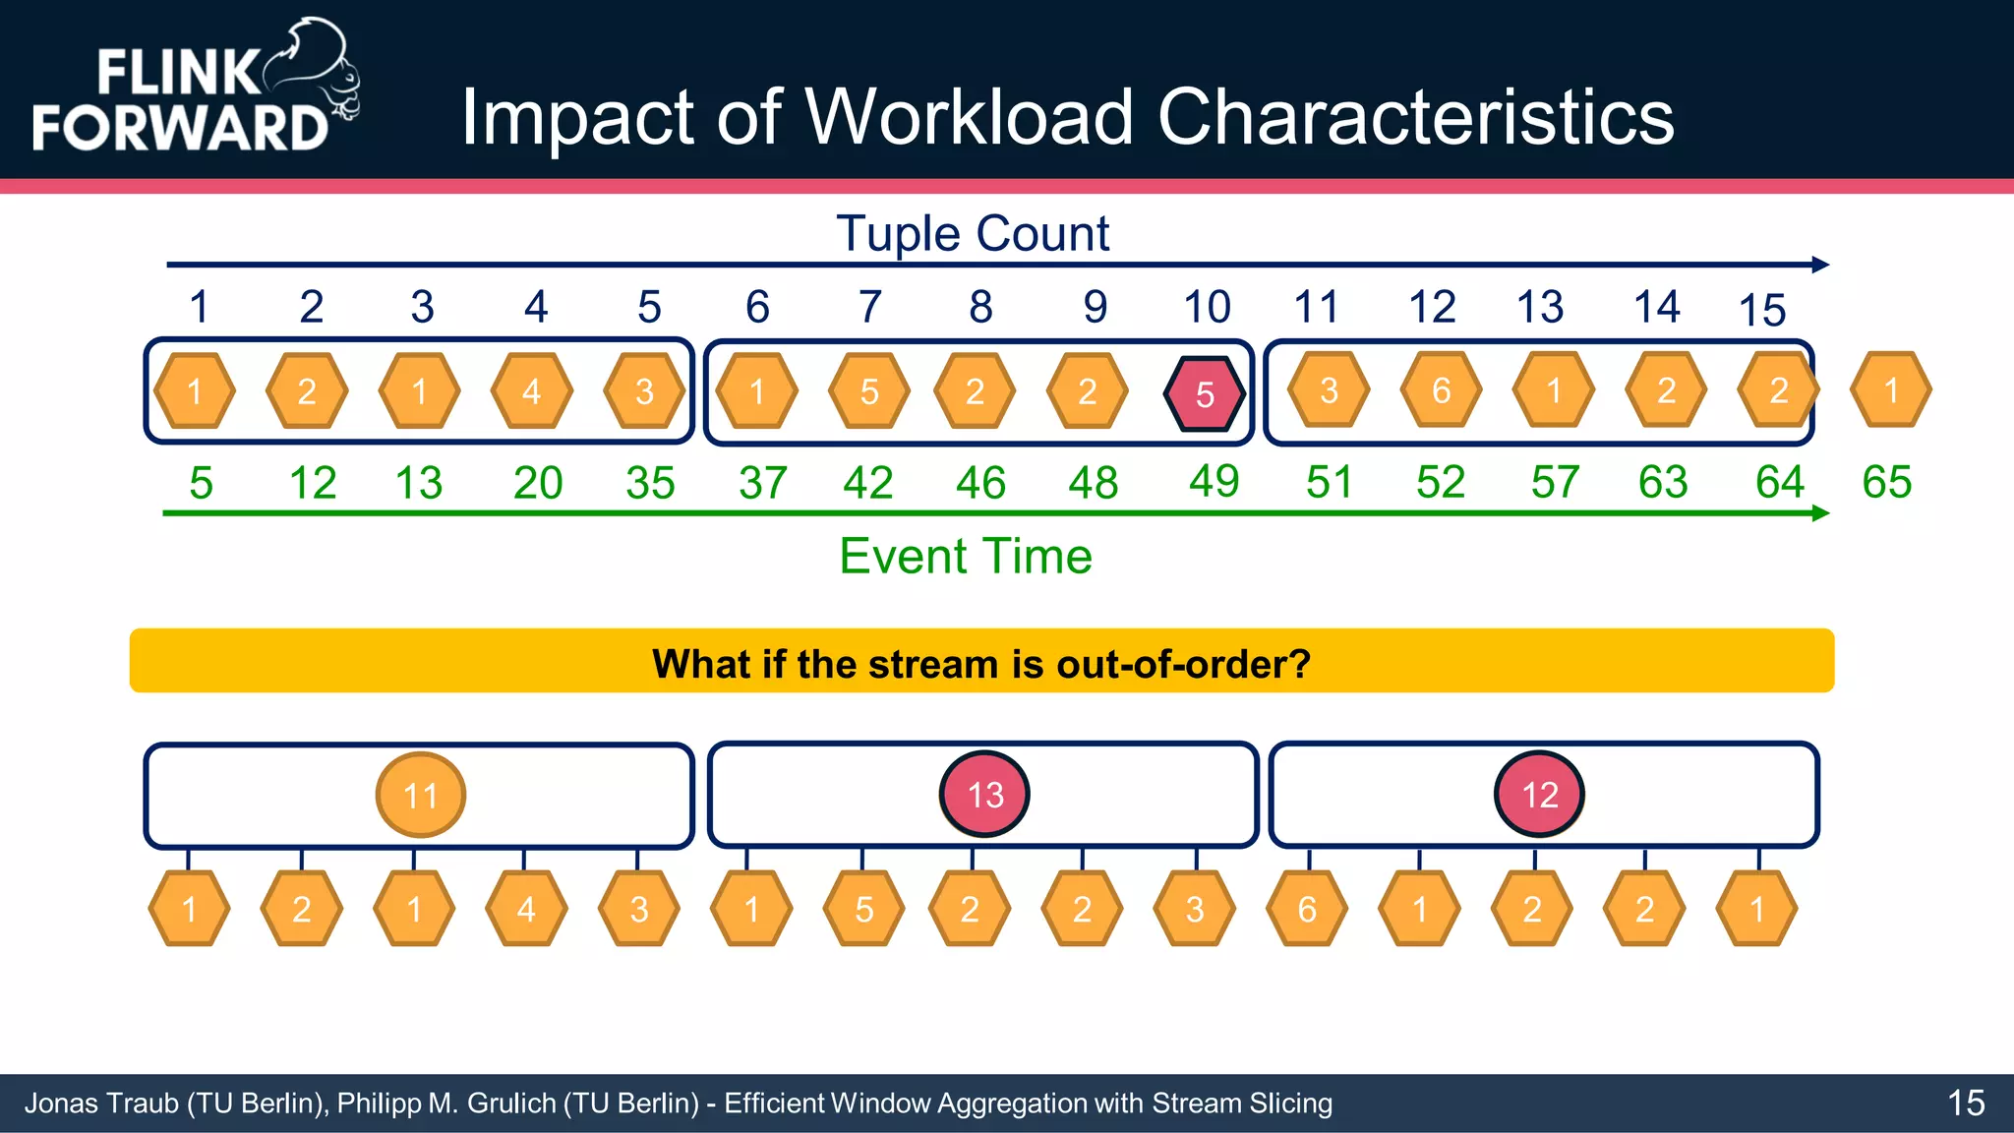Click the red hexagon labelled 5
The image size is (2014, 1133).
(x=1205, y=393)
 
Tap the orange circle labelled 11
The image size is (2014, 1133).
(x=421, y=795)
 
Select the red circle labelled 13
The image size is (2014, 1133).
(x=984, y=795)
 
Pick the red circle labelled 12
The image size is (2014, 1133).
(x=1539, y=795)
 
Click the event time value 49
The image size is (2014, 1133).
(x=1214, y=481)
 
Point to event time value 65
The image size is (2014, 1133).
(x=1886, y=482)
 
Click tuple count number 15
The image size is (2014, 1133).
(x=1761, y=311)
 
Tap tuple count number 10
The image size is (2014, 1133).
(x=1207, y=307)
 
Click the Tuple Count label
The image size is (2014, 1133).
(x=973, y=234)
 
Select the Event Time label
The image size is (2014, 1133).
(x=965, y=557)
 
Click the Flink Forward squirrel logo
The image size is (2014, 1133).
(x=315, y=69)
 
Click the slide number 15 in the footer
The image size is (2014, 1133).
(x=1966, y=1103)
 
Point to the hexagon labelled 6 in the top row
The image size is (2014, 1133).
(x=1441, y=390)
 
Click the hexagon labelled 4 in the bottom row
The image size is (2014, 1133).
(x=526, y=909)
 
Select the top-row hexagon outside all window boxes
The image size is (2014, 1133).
(x=1890, y=390)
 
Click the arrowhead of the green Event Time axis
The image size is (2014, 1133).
(x=1820, y=513)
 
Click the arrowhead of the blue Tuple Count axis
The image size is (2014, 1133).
(x=1820, y=265)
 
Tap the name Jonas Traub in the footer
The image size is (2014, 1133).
(x=101, y=1103)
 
